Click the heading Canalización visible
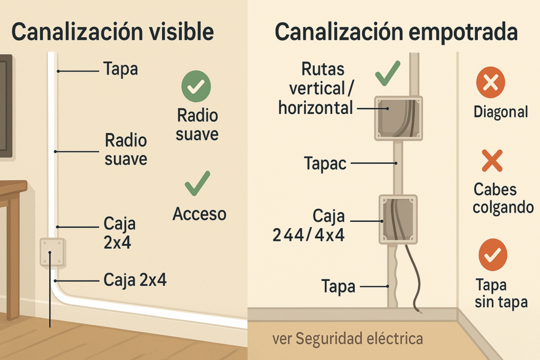112,33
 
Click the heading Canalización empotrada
396,33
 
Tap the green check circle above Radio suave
196,86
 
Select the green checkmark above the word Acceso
197,183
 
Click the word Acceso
199,214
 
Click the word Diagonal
500,112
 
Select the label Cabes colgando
503,198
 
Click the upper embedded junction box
398,118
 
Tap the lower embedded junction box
398,219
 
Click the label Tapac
325,163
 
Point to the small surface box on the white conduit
52,251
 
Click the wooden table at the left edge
12,221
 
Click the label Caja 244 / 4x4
309,225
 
